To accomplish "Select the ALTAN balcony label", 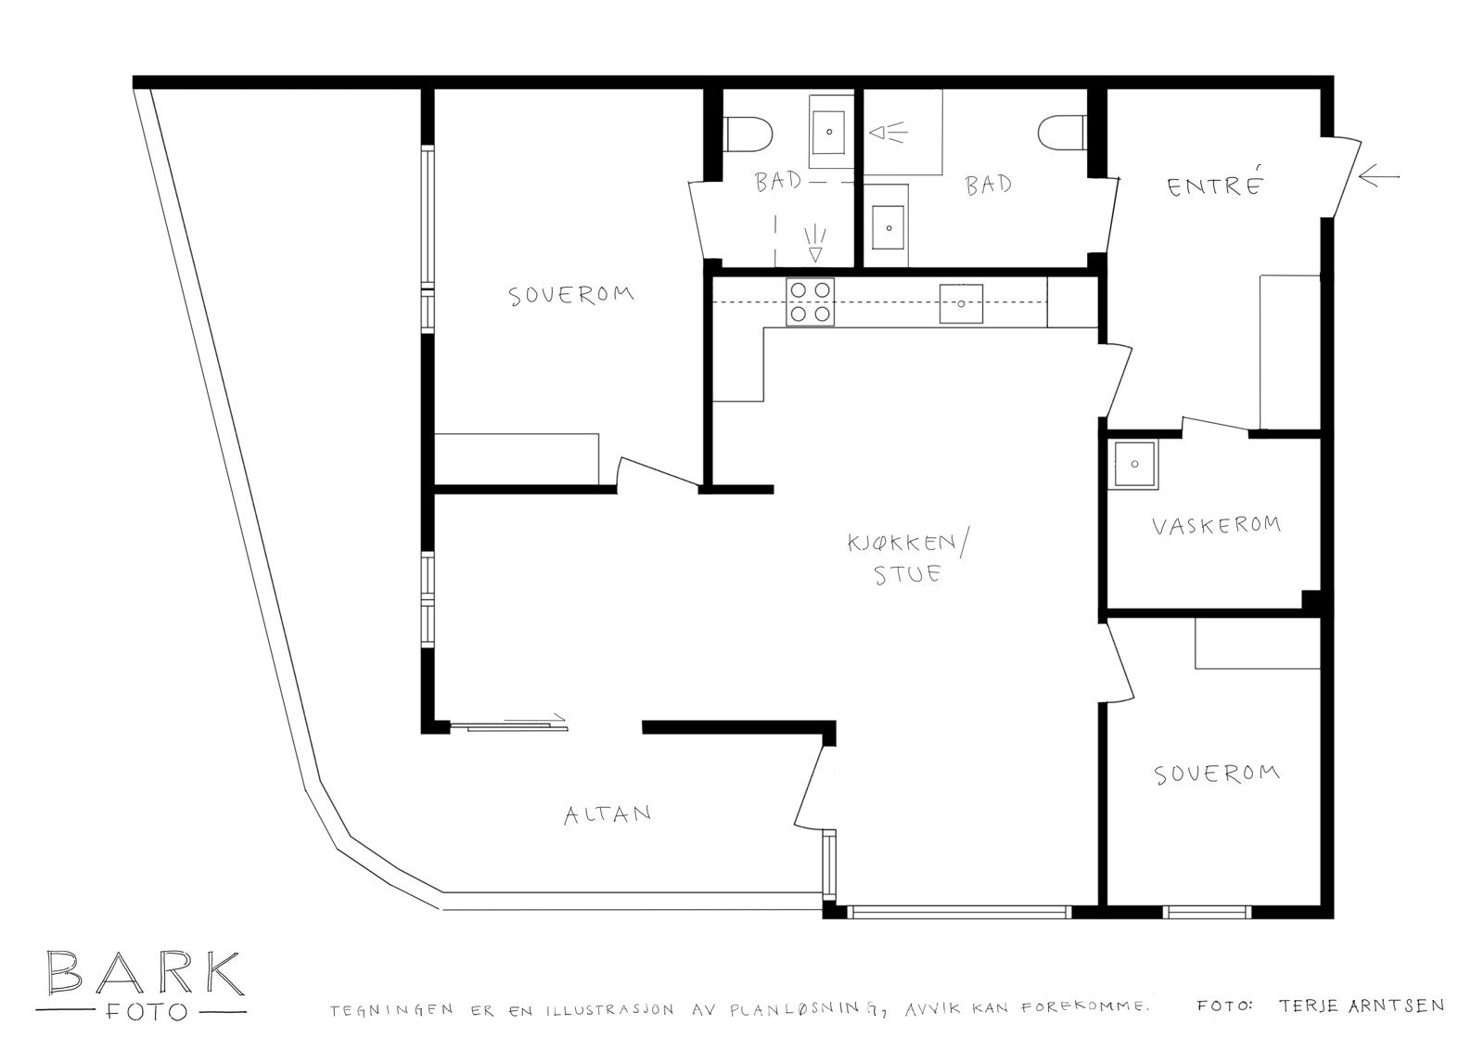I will click(x=608, y=814).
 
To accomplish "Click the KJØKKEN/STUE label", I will click(x=907, y=558).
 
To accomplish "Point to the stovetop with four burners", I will click(x=810, y=302).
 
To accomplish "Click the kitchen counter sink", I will click(x=961, y=303).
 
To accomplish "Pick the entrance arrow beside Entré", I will click(x=1378, y=175).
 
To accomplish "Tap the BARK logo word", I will click(x=144, y=973).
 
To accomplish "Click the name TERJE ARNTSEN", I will click(x=1361, y=1006).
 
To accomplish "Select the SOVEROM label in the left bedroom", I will click(x=571, y=295).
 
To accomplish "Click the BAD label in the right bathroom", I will click(x=989, y=185).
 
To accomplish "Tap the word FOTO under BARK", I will click(x=144, y=1012).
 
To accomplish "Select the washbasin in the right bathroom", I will click(x=889, y=225).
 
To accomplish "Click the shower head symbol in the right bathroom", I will click(x=888, y=134).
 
